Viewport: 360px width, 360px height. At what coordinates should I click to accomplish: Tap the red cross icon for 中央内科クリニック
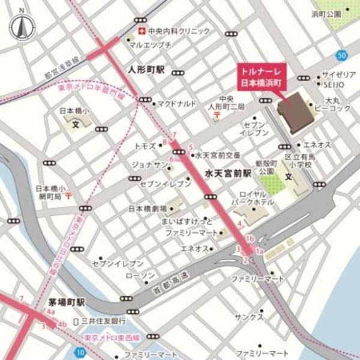(141, 31)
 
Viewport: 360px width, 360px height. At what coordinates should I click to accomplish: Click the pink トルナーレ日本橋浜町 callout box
(260, 77)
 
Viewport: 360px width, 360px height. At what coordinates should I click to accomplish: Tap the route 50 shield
(341, 56)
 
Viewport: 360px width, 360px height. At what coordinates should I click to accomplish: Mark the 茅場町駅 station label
(68, 301)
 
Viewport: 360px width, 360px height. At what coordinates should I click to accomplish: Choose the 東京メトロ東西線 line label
(114, 340)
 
